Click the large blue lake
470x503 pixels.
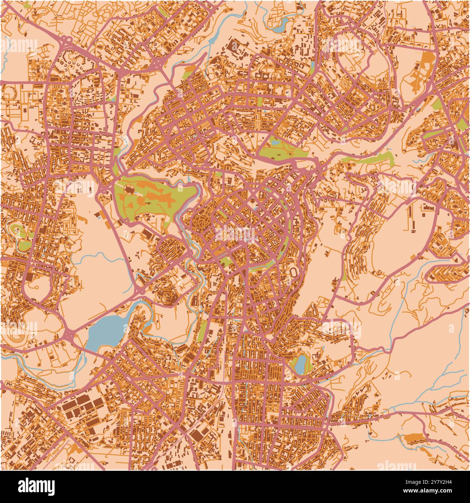105,331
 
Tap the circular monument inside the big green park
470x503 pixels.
129,189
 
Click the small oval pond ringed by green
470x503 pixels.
300,364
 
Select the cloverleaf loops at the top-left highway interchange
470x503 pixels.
65,38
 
